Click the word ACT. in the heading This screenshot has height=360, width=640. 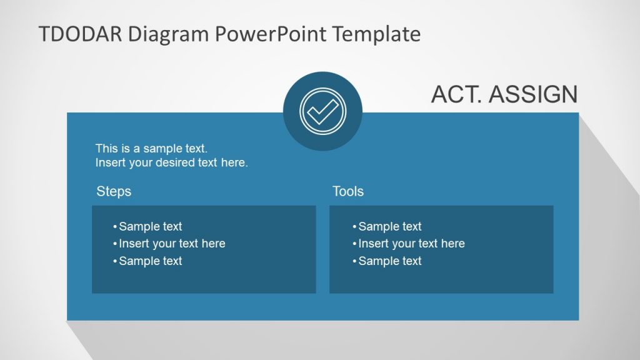tap(457, 94)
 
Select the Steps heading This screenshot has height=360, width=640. tap(114, 191)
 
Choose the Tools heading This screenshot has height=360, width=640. tap(348, 191)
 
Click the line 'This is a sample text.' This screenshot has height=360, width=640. tap(151, 149)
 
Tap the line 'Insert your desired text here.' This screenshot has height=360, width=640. tap(172, 163)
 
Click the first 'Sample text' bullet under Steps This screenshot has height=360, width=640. tap(150, 227)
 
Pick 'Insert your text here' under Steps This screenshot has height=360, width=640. tap(172, 244)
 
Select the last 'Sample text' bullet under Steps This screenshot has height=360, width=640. tap(150, 261)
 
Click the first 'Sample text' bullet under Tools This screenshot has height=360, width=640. tap(390, 227)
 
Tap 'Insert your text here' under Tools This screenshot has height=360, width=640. tap(411, 244)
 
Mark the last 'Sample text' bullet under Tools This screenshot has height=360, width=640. tap(390, 261)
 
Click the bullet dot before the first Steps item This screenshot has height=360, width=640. tap(115, 227)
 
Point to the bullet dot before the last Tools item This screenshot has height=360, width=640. tap(354, 261)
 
